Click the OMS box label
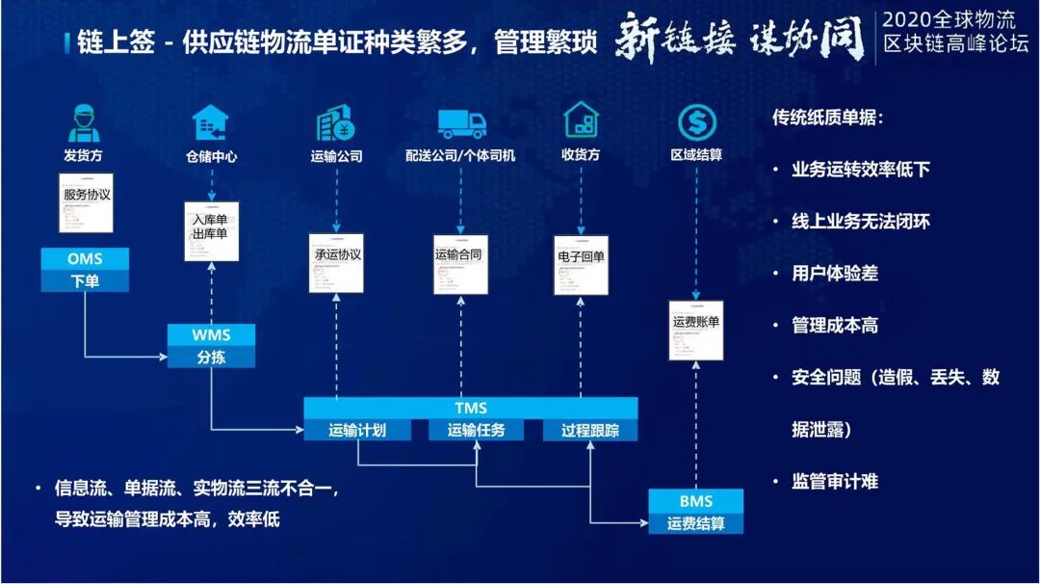pos(85,259)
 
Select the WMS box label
pos(211,334)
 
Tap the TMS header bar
pos(471,408)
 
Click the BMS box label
pos(695,501)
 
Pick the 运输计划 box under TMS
pos(357,431)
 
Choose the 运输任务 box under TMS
pos(476,431)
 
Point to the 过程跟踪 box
pos(590,431)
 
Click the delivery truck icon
pos(462,123)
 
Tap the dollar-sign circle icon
pos(696,122)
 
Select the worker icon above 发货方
pos(85,122)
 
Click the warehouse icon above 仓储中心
pos(210,123)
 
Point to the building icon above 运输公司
pos(336,123)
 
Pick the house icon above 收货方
pos(581,122)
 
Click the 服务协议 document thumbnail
pos(86,203)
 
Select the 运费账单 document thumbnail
pos(695,331)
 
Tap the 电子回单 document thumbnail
pos(582,263)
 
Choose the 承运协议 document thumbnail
pos(337,262)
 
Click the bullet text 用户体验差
pos(835,274)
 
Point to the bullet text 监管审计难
pos(835,481)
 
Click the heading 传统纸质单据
pos(827,118)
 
